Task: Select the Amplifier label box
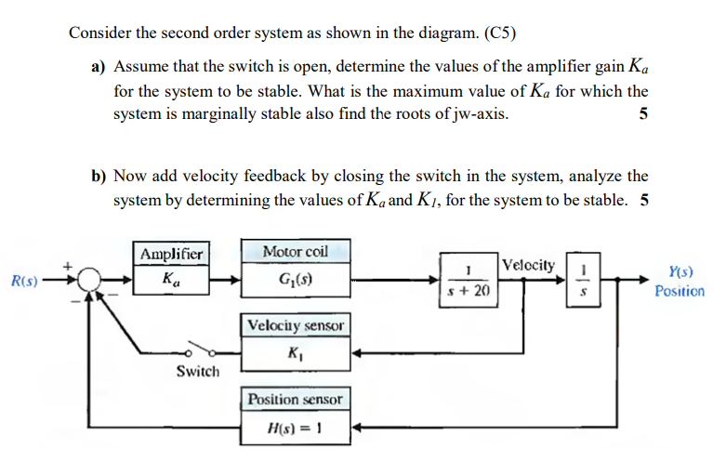point(172,254)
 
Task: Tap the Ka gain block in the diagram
point(172,278)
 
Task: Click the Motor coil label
point(296,252)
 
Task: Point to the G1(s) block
point(296,278)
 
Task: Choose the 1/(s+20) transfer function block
point(469,279)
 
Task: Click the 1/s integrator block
point(583,279)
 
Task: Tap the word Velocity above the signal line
point(530,265)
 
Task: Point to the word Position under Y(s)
point(680,291)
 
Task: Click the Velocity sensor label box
point(296,325)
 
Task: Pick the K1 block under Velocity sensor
point(296,352)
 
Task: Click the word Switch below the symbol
point(198,372)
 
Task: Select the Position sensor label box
point(296,399)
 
